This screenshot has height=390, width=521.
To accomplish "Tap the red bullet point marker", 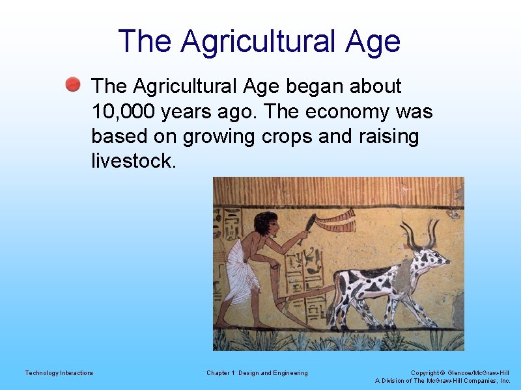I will point(73,84).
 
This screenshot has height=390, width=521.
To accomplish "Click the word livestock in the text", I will point(134,161).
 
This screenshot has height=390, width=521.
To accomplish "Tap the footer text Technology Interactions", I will point(59,372).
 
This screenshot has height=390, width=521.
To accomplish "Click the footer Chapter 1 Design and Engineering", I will point(257,372).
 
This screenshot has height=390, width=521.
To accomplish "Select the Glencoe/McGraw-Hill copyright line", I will point(460,372).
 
